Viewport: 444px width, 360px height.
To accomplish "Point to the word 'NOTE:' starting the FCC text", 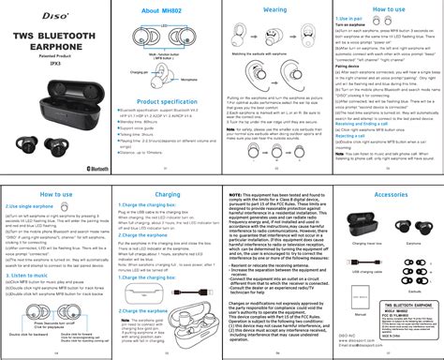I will [239, 191].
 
